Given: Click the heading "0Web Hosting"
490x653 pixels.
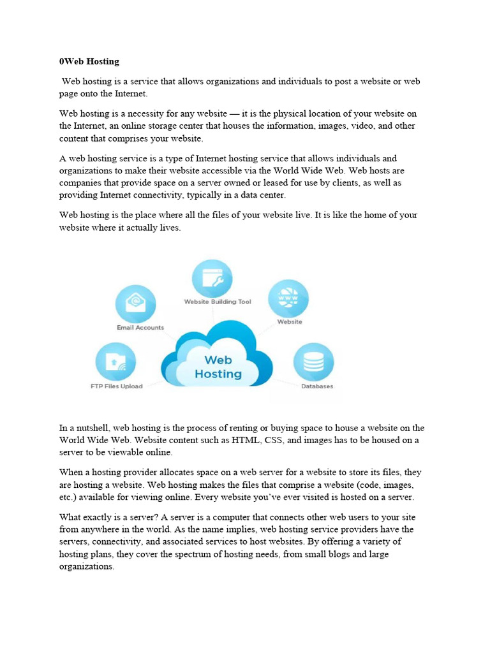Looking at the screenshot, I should pyautogui.click(x=89, y=62).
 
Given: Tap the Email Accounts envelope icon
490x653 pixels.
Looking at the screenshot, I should pyautogui.click(x=135, y=303).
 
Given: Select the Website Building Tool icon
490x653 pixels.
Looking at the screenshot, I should pyautogui.click(x=212, y=279).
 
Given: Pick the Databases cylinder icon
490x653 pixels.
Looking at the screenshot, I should pyautogui.click(x=313, y=362).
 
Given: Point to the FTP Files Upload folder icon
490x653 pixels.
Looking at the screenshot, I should pyautogui.click(x=115, y=362).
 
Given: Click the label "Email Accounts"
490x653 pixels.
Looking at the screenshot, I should pyautogui.click(x=140, y=328).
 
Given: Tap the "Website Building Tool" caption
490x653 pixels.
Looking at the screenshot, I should pyautogui.click(x=218, y=302).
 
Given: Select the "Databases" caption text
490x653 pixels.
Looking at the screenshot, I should pyautogui.click(x=317, y=386).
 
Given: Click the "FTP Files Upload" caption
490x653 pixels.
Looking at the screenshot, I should pyautogui.click(x=116, y=386).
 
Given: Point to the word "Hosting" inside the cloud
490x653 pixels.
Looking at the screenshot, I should pyautogui.click(x=218, y=374).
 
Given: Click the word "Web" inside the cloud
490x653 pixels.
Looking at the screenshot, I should pyautogui.click(x=218, y=360).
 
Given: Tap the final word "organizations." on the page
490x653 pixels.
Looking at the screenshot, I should pyautogui.click(x=87, y=566).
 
